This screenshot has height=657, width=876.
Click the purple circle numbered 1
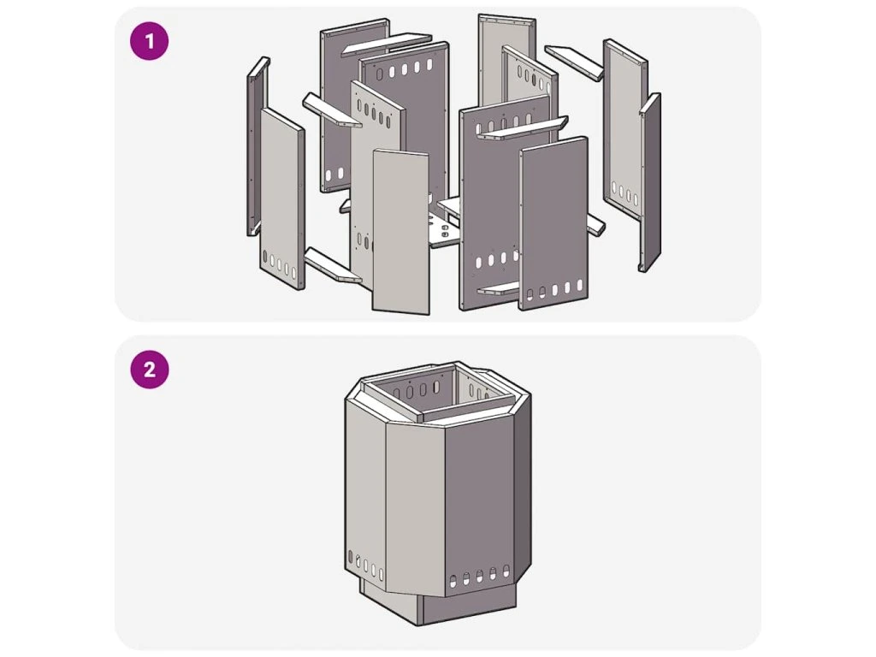coord(149,41)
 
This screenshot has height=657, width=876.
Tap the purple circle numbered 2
coord(149,370)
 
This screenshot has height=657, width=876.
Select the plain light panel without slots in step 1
coord(401,231)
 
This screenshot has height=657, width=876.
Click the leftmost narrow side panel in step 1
coord(257,146)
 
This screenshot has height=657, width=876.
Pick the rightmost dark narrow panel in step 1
coord(650,183)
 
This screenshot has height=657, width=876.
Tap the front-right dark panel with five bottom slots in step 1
coord(553,223)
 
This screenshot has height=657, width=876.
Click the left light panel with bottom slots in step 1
coord(282,198)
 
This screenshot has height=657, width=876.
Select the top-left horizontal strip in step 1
coord(387,44)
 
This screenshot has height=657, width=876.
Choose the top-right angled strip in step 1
coord(574,62)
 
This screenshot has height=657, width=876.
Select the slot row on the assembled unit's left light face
coord(366,565)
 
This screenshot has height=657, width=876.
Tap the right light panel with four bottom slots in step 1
coord(625,128)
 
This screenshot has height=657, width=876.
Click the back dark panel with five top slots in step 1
coord(405,123)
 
